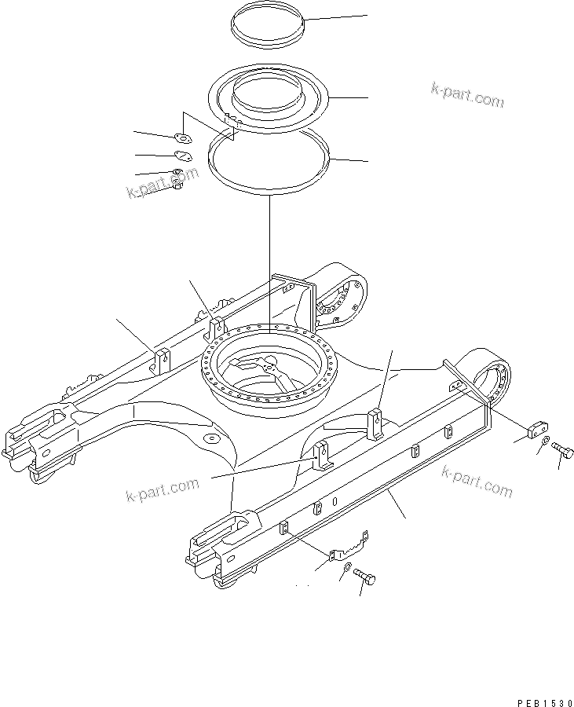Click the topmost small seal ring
point(267,31)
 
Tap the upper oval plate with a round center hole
point(183,139)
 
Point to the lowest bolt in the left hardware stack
point(177,185)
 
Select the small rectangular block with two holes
point(536,428)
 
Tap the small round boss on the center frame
point(210,437)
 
